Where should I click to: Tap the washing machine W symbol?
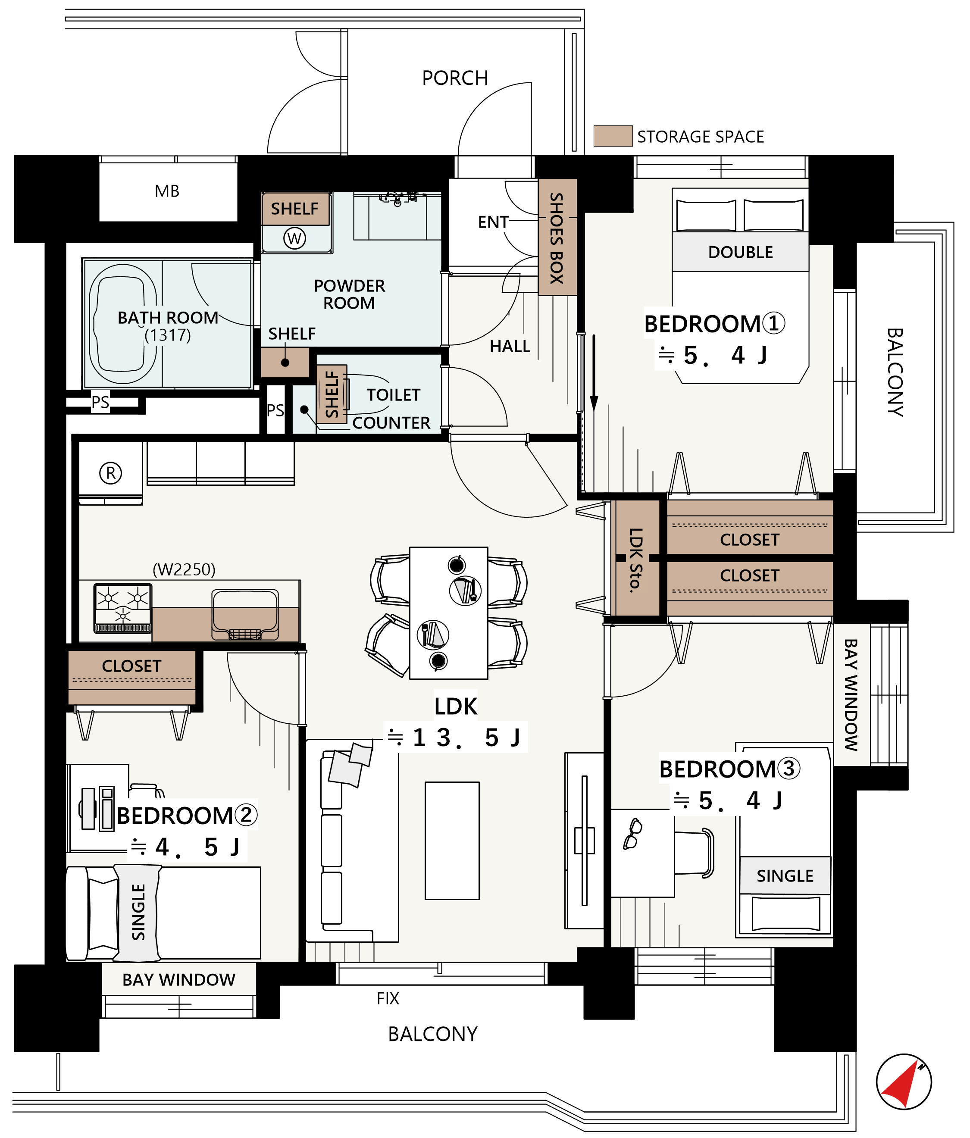click(x=294, y=238)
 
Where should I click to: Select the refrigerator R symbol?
click(x=111, y=473)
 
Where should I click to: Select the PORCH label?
click(x=455, y=78)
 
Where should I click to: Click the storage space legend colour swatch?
click(x=613, y=136)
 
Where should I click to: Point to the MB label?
click(x=167, y=191)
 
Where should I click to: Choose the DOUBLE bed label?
click(x=740, y=252)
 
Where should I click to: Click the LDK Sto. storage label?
click(x=635, y=560)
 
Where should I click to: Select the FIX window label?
click(x=388, y=998)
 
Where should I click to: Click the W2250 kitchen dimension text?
click(x=184, y=569)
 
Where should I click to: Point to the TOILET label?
click(x=393, y=395)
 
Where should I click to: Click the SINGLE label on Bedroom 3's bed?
click(x=785, y=875)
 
